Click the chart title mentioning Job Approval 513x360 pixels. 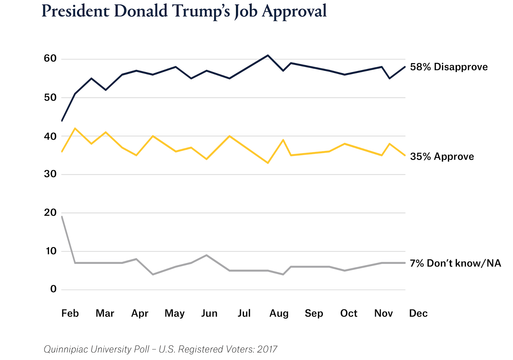point(184,11)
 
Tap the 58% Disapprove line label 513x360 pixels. point(449,67)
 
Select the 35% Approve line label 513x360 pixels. point(442,156)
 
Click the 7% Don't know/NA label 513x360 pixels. point(455,263)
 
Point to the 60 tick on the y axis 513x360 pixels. point(50,58)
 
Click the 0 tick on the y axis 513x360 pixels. point(53,289)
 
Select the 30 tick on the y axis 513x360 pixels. point(50,174)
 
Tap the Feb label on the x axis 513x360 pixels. point(70,313)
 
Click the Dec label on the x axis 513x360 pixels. point(418,313)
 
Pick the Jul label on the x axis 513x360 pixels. point(244,313)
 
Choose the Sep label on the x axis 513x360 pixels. point(314,313)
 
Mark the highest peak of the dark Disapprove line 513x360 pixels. point(268,55)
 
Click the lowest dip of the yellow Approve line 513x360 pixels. point(268,163)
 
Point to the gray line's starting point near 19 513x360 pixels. point(62,217)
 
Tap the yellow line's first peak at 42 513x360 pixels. point(75,128)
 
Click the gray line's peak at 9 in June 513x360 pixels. point(206,255)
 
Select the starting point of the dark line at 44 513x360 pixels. point(62,121)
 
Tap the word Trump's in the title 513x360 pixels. point(202,11)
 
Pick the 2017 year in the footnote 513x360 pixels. point(267,349)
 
